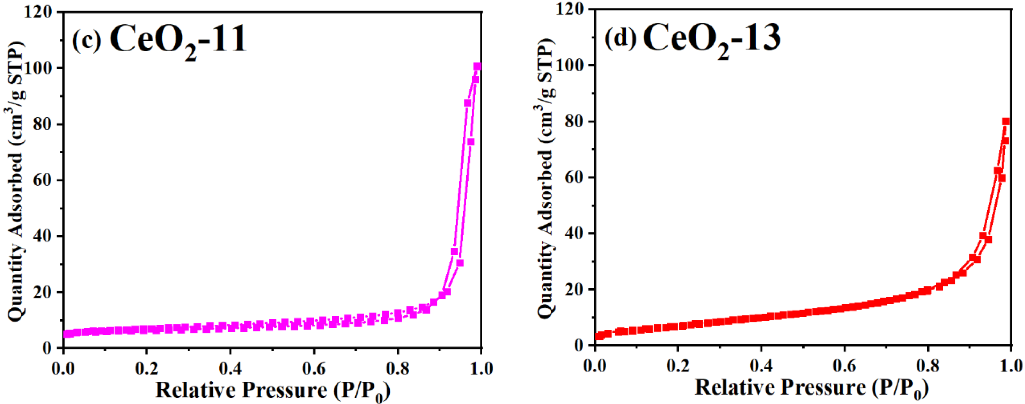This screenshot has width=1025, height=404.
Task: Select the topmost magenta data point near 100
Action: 477,66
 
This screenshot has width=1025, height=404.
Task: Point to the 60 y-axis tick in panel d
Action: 573,178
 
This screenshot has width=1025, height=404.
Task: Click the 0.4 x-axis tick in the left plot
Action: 230,368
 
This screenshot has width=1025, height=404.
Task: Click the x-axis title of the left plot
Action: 272,390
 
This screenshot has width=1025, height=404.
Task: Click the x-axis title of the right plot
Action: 811,388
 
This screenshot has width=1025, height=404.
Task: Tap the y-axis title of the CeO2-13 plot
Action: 546,179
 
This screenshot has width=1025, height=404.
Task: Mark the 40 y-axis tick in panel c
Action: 41,237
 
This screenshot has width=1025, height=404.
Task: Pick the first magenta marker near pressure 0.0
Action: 66,334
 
